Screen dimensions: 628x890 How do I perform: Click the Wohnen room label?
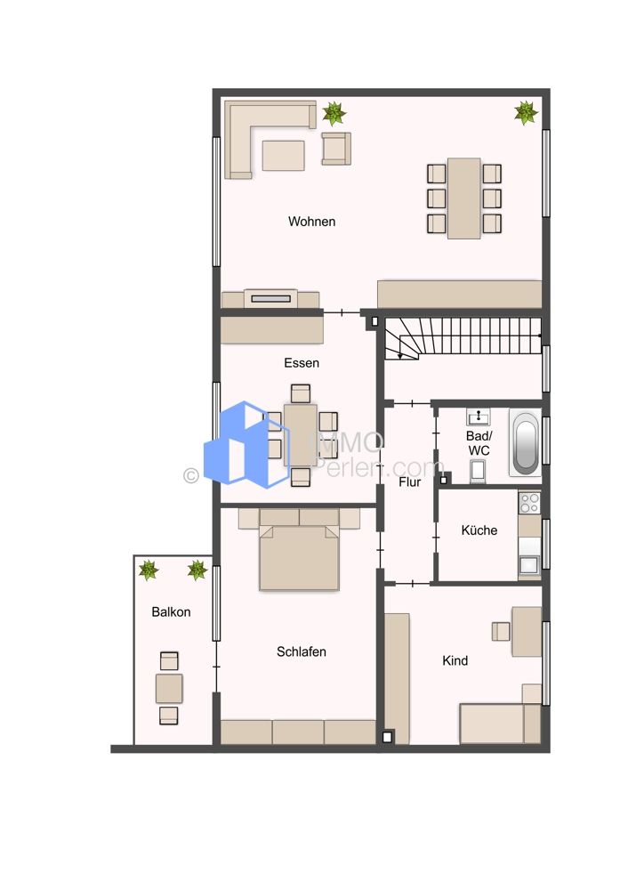click(311, 222)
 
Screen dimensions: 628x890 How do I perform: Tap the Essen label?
click(302, 363)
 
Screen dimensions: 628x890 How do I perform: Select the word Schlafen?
click(302, 651)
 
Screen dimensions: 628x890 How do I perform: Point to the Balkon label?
click(171, 612)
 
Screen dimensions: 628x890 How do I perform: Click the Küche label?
click(479, 530)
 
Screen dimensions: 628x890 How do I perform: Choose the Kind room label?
click(455, 660)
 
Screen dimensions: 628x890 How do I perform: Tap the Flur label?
click(409, 481)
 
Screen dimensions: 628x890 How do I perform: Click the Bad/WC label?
click(479, 443)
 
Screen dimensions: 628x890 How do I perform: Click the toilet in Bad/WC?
click(478, 472)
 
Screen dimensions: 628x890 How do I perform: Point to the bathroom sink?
click(479, 417)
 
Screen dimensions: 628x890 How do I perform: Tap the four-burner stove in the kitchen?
click(530, 503)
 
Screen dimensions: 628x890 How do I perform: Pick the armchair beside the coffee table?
click(336, 149)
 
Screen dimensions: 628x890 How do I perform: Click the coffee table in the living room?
click(283, 156)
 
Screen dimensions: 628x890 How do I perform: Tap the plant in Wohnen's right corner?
click(526, 113)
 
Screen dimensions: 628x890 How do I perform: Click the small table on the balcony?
click(169, 688)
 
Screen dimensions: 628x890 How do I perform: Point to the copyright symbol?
click(190, 475)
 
